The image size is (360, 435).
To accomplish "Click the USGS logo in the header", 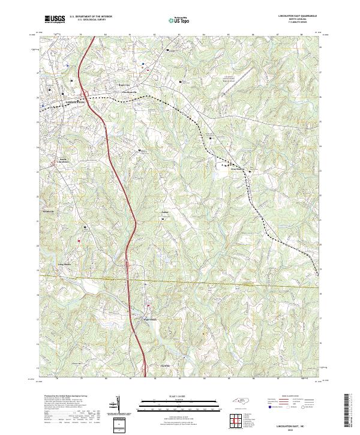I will click(55, 20).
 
